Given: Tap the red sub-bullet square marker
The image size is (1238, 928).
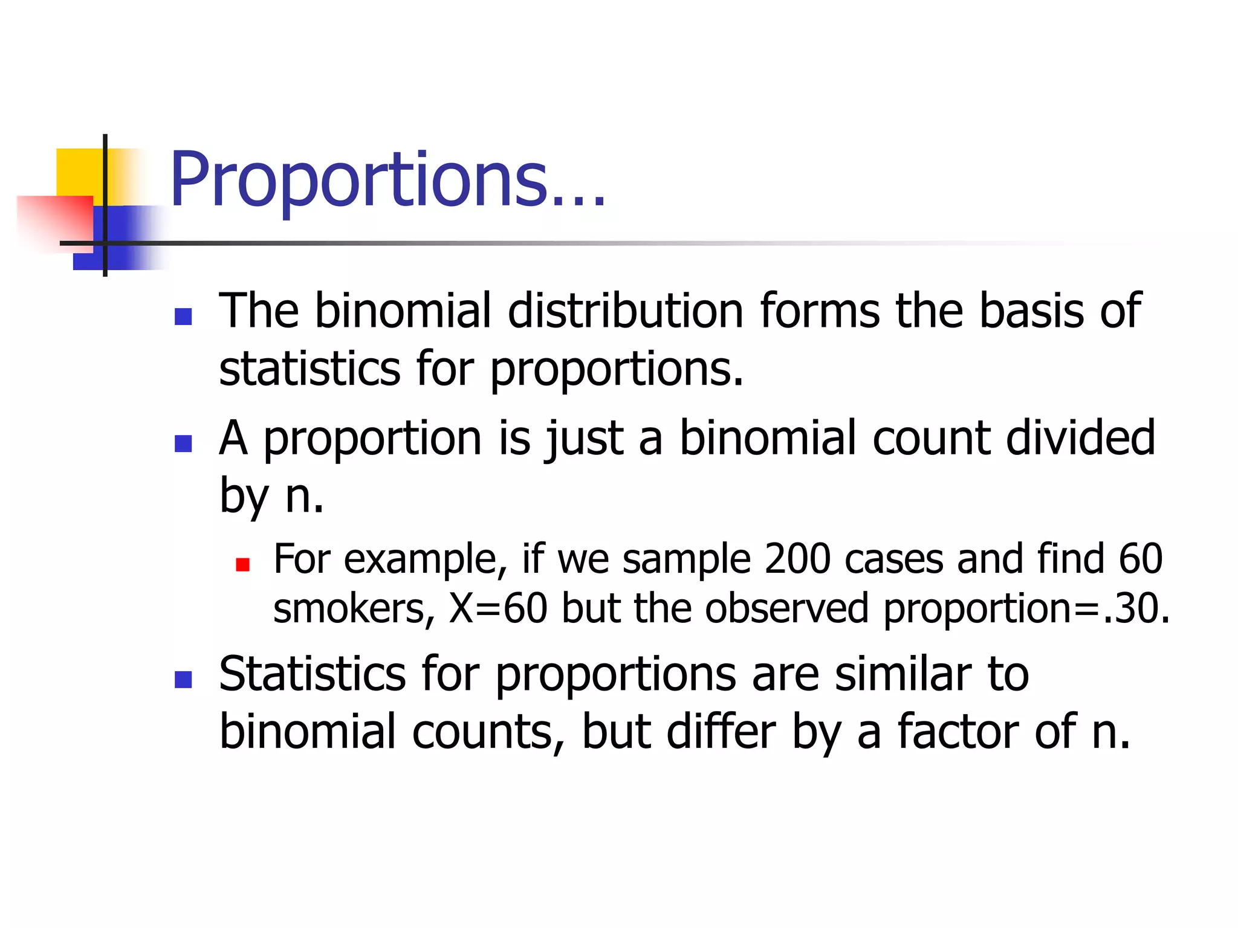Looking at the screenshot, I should [x=243, y=565].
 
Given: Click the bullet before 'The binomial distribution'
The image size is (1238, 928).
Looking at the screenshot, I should [x=183, y=317].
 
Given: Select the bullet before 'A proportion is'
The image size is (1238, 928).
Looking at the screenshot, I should [x=183, y=443].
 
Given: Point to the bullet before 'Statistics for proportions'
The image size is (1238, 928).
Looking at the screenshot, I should [x=183, y=680].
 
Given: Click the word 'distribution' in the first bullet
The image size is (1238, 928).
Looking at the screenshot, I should [x=625, y=311].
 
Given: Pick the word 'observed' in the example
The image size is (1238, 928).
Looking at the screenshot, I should [x=786, y=608].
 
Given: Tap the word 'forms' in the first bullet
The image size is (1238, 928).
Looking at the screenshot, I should [x=820, y=311].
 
